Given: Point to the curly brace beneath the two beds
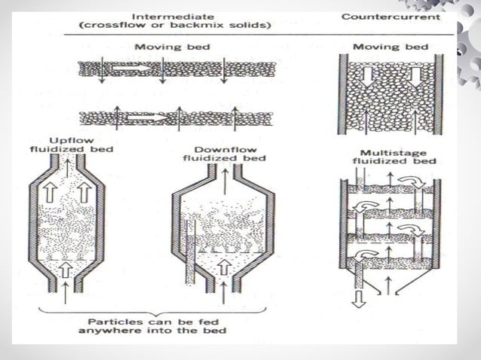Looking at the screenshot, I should coord(151,311).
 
